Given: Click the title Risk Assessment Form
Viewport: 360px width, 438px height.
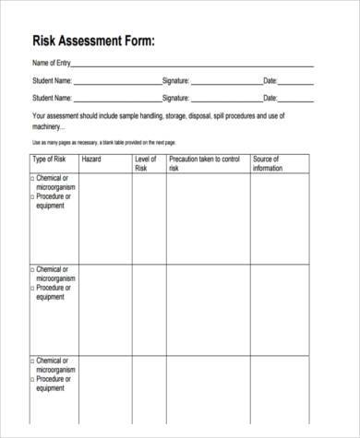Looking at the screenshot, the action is click(93, 40).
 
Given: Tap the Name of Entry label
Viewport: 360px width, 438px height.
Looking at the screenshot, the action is click(51, 65).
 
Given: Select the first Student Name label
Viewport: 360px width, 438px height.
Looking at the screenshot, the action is click(53, 81).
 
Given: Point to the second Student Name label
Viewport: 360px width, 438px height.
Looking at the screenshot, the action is click(53, 97).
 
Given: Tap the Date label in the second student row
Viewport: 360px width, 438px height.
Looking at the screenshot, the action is click(270, 97).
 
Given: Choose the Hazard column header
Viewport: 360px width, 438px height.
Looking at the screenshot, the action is click(91, 159).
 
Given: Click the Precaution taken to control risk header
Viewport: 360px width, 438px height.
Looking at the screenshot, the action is click(206, 163).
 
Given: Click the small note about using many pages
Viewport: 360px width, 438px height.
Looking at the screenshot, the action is click(103, 142).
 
